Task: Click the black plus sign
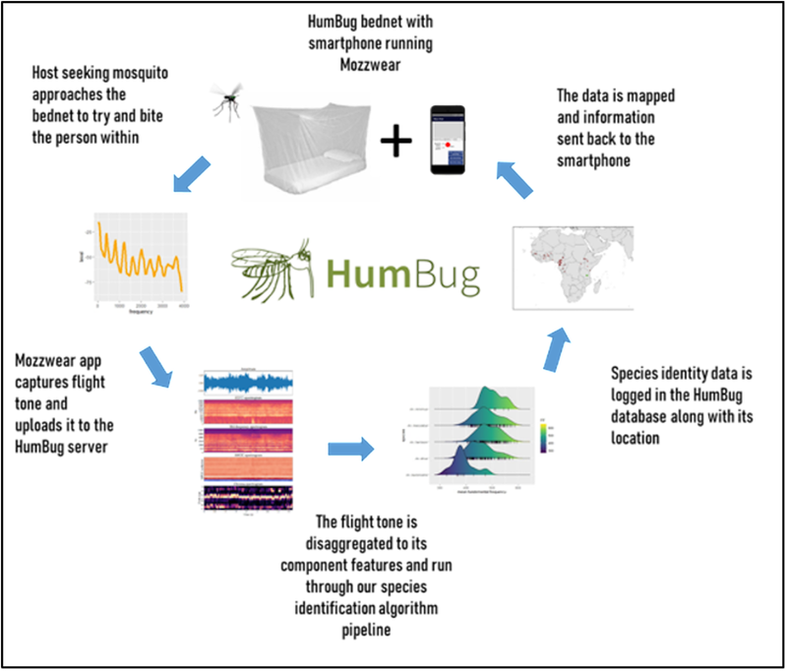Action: (395, 144)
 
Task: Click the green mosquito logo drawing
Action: (272, 265)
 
